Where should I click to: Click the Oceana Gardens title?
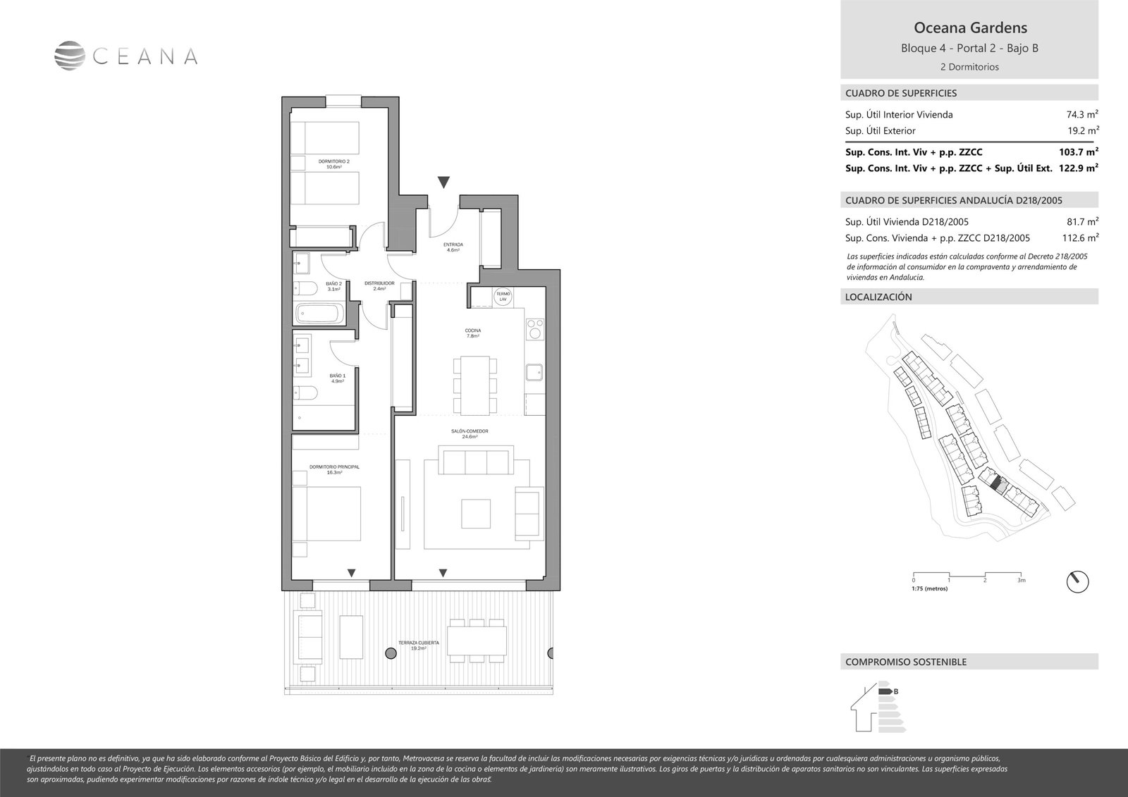coord(970,28)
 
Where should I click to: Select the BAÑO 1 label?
coord(338,378)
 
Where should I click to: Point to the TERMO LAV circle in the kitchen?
coord(503,297)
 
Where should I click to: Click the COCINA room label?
coord(472,333)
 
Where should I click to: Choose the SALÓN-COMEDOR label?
coord(470,433)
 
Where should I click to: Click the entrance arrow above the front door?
coord(443,183)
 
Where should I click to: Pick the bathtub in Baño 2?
coord(319,313)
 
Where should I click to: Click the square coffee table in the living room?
coord(476,513)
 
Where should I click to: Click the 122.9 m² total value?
coord(1079,168)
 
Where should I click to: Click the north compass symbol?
coord(1077,581)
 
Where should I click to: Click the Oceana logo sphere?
coord(70,56)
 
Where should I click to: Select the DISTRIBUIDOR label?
coord(379,285)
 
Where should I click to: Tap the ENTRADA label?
coord(453,247)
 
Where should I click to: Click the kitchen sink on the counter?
coord(534,370)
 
